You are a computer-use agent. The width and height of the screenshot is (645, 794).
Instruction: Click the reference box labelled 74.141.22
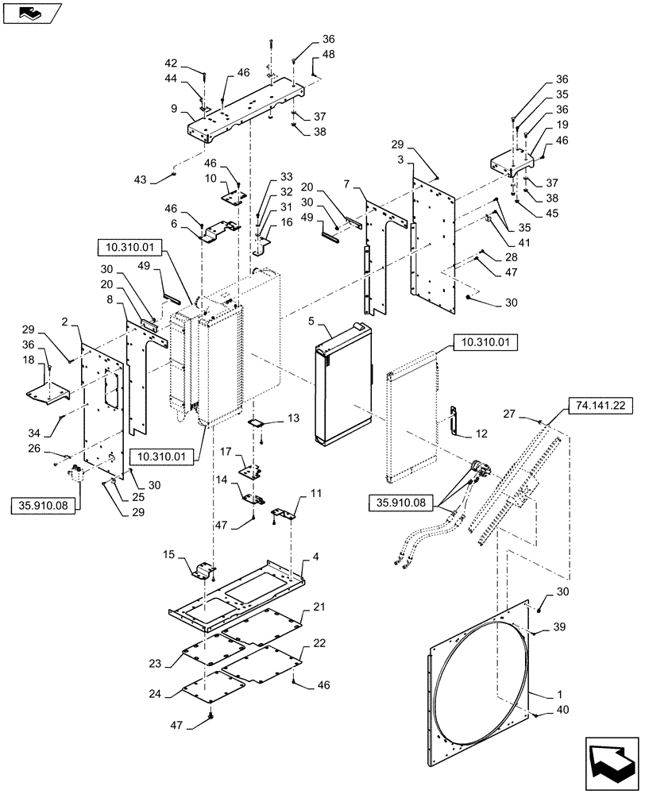coord(597,404)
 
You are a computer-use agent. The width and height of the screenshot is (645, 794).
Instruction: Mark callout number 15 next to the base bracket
coord(168,553)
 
